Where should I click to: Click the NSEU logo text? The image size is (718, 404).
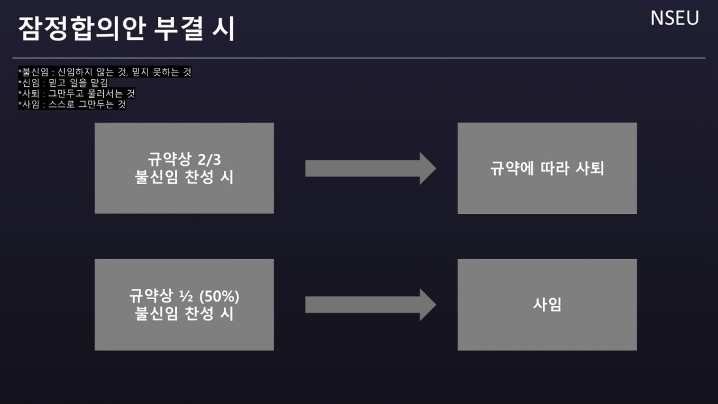(674, 18)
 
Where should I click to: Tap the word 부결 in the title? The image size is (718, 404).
(176, 29)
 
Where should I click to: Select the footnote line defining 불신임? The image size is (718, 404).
(105, 72)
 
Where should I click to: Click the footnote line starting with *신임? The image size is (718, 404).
(63, 82)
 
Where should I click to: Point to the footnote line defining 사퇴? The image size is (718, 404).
(76, 93)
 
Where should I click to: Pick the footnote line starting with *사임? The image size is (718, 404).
(72, 104)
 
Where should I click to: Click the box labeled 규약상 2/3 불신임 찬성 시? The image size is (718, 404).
(184, 168)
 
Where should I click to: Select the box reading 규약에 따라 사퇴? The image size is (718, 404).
(547, 168)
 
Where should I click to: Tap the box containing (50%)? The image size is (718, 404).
(184, 305)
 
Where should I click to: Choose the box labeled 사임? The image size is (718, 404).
(547, 305)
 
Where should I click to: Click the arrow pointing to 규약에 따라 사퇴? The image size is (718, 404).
(370, 168)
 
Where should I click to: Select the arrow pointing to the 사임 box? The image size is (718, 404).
(370, 305)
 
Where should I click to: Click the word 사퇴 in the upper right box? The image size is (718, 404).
(591, 168)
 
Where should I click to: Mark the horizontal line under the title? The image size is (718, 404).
(359, 58)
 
